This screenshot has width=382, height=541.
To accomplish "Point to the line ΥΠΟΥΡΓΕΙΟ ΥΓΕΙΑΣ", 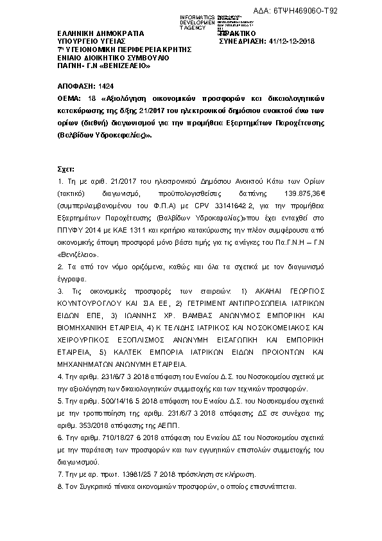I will tap(92, 40).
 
